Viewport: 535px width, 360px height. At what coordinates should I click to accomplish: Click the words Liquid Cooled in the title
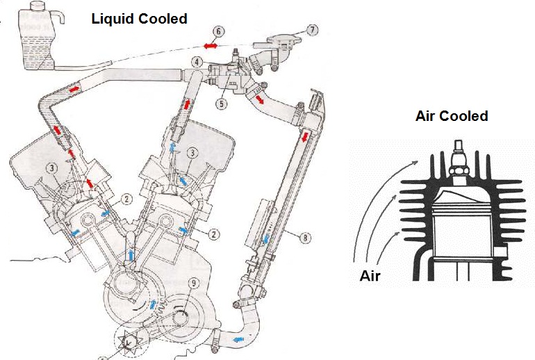pos(139,19)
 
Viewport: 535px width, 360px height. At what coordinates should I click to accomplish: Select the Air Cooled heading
pos(451,116)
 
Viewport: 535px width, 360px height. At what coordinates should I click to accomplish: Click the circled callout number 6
pos(218,31)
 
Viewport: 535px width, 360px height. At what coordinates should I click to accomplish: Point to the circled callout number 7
pos(313,30)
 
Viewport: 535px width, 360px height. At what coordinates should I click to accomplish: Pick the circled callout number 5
pos(222,104)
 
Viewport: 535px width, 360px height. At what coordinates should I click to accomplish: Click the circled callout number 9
pos(193,282)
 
